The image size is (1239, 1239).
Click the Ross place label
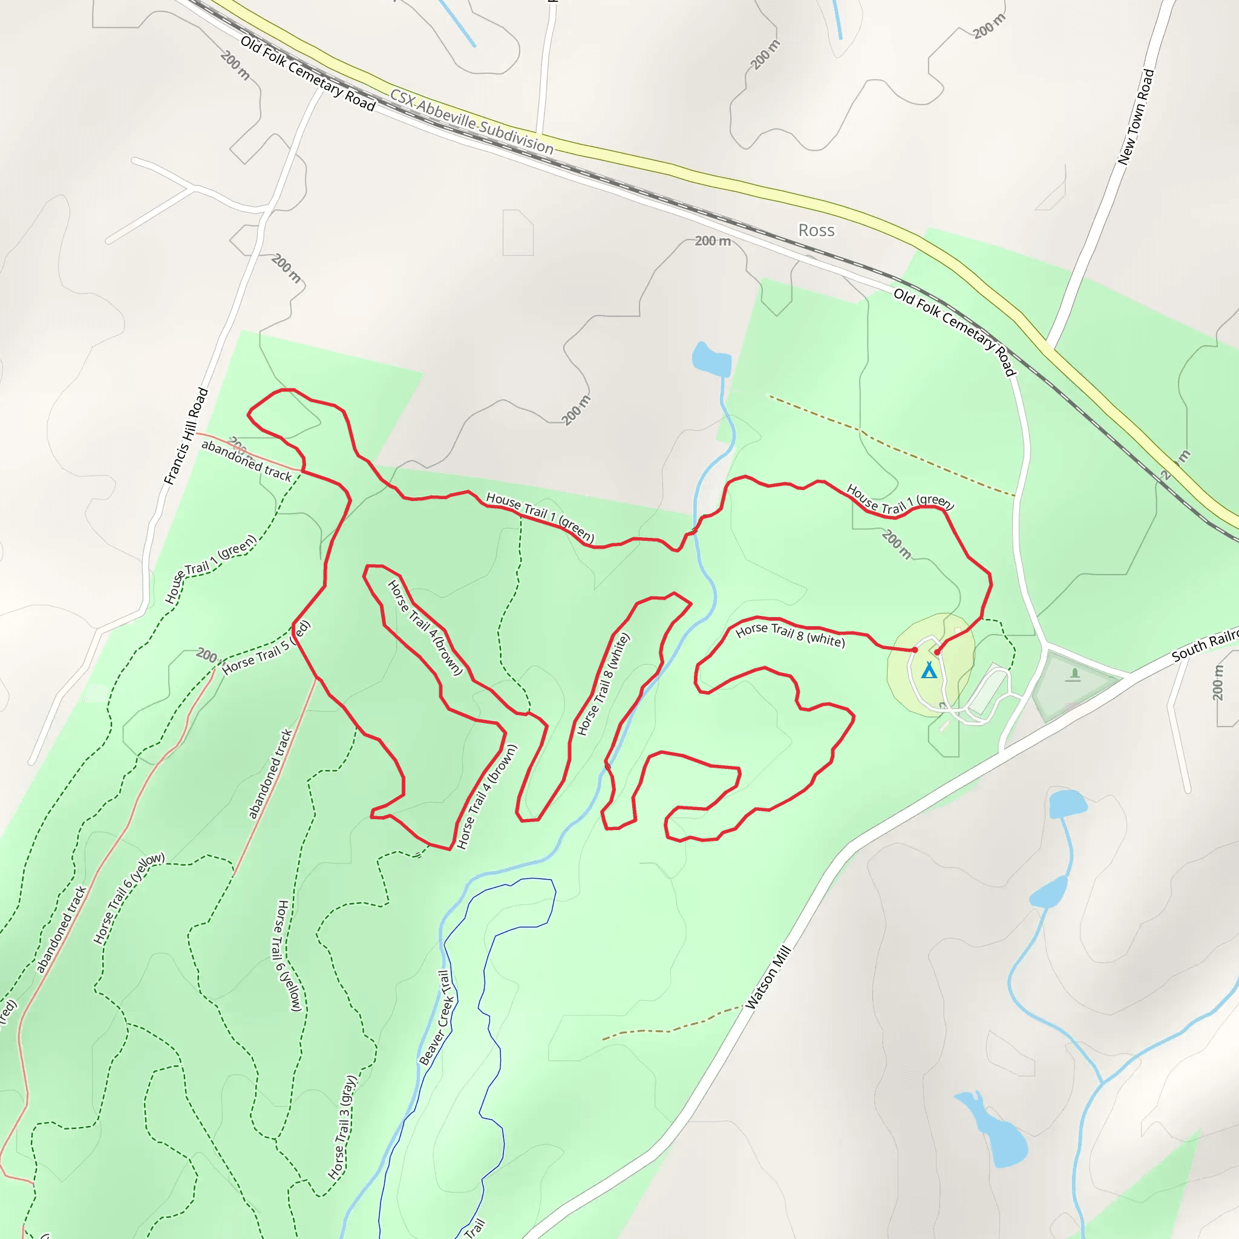point(816,230)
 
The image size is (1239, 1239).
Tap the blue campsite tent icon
point(929,670)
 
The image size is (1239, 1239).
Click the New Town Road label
point(1136,117)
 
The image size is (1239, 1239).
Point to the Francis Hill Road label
point(186,436)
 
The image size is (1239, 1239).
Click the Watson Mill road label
point(768,978)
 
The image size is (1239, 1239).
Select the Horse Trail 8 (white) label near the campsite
point(790,635)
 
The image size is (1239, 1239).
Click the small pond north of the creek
point(711,359)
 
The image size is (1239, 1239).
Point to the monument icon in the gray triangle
point(1075,674)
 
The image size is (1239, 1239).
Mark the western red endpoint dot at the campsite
point(915,650)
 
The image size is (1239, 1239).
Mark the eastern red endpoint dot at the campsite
point(937,652)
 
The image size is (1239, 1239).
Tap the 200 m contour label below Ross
point(713,241)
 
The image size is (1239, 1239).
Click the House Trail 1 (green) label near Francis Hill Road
point(211,568)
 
